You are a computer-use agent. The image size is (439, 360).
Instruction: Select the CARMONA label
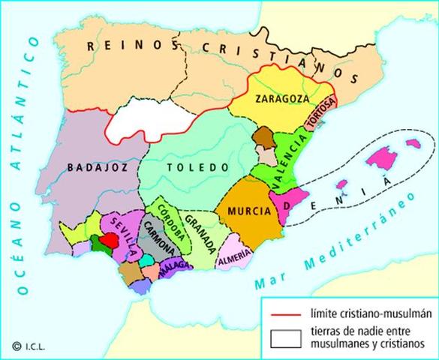pyautogui.click(x=157, y=241)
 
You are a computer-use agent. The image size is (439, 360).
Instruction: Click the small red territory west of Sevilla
pyautogui.click(x=110, y=241)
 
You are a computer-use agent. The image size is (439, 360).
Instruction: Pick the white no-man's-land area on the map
pyautogui.click(x=146, y=121)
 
